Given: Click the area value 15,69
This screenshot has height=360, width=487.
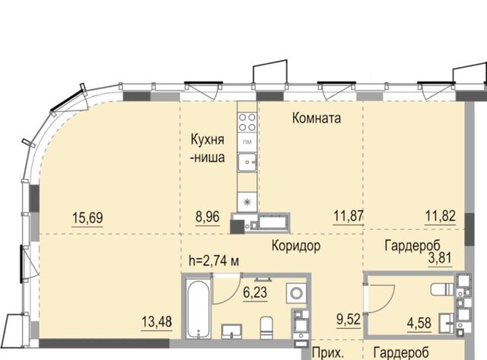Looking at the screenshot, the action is click(x=88, y=218).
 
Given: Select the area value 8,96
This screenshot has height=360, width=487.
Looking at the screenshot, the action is click(x=208, y=216).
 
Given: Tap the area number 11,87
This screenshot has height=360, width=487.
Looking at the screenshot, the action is click(x=349, y=215).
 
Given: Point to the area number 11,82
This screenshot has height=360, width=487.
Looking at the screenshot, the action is click(x=441, y=215).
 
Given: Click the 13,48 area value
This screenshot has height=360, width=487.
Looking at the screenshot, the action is click(x=157, y=321).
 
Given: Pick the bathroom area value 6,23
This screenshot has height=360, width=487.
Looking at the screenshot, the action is click(x=255, y=292).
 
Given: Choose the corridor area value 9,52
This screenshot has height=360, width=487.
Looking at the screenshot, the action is click(x=349, y=320).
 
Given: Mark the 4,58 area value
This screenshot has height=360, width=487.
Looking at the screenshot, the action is click(x=419, y=323).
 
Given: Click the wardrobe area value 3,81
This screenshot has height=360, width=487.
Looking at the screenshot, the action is click(x=440, y=258).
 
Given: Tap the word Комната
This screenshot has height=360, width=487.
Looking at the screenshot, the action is click(x=317, y=118).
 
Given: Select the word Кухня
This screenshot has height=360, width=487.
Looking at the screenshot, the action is click(x=207, y=139).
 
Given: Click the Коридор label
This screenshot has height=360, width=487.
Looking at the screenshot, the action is click(x=296, y=246).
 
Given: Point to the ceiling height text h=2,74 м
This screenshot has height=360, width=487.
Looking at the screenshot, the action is click(x=214, y=261).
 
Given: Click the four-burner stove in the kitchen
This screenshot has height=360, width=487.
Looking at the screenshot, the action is click(x=247, y=122).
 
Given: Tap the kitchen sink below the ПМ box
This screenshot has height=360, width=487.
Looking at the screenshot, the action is click(x=247, y=162).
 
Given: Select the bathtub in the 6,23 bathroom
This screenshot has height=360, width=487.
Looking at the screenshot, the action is click(x=199, y=308).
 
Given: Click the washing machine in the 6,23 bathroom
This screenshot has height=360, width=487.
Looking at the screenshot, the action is click(x=296, y=292).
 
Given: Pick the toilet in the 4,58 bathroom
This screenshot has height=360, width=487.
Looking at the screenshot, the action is click(x=443, y=289).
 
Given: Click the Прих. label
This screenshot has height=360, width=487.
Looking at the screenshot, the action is click(x=328, y=353).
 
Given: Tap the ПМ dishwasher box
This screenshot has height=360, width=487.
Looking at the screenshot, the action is click(x=247, y=142).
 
